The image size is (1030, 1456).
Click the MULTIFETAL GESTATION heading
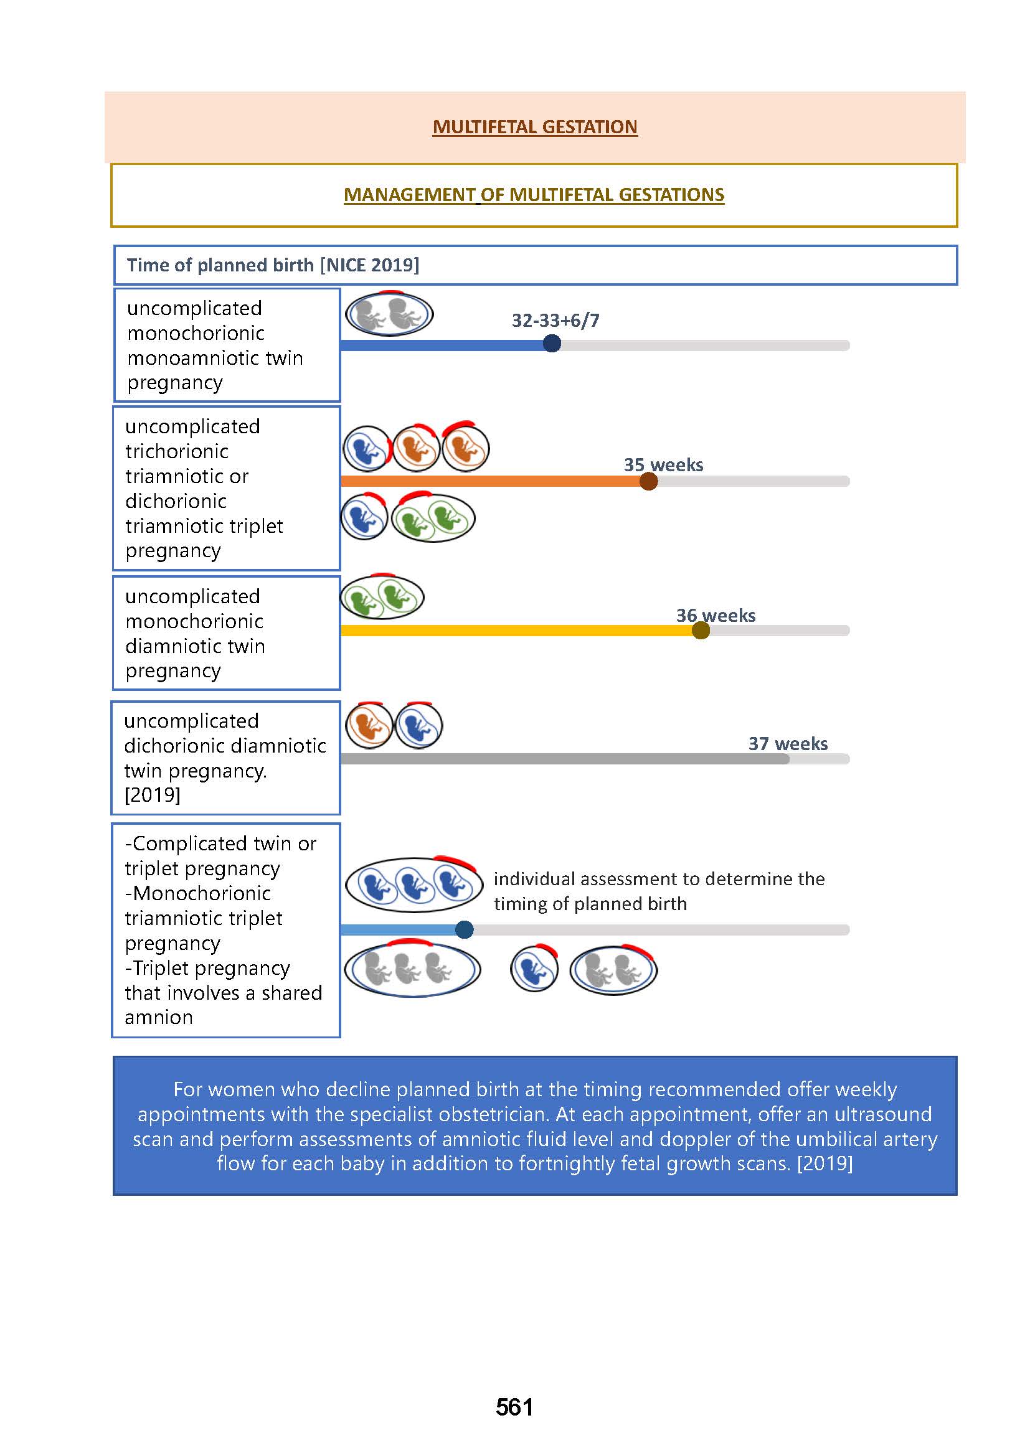(535, 127)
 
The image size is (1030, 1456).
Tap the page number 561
(514, 1407)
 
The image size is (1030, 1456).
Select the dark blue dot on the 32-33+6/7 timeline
(552, 344)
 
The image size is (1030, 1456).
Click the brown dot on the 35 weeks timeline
(648, 481)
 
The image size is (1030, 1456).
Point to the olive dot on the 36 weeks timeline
(700, 631)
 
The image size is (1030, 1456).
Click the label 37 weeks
(788, 743)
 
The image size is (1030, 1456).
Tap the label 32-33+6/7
(555, 320)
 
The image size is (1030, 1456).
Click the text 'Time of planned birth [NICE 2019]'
(273, 265)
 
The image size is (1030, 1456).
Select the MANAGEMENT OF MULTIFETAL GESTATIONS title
(534, 195)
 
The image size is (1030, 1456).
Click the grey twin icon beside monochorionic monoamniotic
(389, 314)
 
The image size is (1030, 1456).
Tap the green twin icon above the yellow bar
(382, 598)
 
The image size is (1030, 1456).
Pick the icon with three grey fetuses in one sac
(412, 970)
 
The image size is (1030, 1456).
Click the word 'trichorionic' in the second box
(176, 451)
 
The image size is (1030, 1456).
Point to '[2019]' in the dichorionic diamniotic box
(152, 794)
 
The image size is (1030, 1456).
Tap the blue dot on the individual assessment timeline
(465, 929)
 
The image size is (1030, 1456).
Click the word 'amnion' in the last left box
(159, 1018)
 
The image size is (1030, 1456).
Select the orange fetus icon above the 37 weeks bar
(369, 725)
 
